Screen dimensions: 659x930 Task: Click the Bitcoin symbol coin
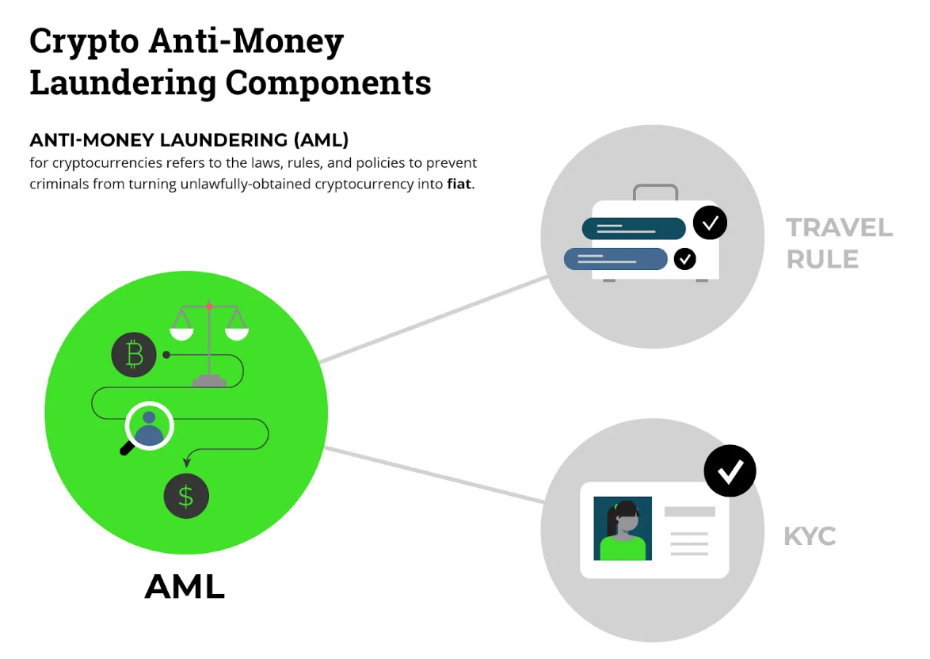click(x=134, y=354)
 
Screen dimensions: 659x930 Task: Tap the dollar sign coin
click(x=186, y=497)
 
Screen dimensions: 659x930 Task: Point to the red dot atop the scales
click(x=209, y=306)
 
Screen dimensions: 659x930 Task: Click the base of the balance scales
click(x=209, y=382)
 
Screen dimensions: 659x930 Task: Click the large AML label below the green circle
click(x=185, y=587)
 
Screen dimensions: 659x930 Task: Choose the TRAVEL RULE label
click(x=839, y=243)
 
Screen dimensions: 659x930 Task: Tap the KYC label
click(x=810, y=536)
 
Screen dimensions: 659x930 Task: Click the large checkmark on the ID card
click(x=730, y=471)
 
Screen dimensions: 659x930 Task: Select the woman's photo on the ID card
click(x=623, y=528)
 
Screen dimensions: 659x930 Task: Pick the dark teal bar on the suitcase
click(x=634, y=228)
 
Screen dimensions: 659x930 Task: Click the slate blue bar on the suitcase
click(x=616, y=259)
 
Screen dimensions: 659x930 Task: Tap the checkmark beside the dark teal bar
click(x=710, y=223)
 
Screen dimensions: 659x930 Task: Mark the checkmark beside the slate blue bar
click(x=684, y=258)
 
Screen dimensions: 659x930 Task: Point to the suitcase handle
click(x=655, y=191)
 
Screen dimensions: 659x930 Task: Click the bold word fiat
click(x=459, y=184)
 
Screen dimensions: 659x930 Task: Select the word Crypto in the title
click(x=84, y=42)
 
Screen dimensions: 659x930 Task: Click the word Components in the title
click(x=329, y=82)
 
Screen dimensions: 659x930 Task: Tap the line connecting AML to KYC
click(x=436, y=475)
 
